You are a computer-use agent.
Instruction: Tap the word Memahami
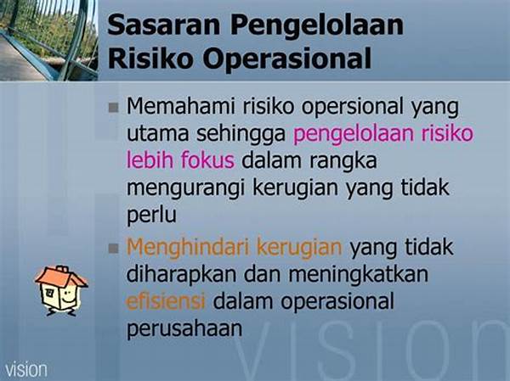point(180,106)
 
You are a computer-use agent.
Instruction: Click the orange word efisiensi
point(166,300)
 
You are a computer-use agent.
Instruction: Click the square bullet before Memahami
point(114,108)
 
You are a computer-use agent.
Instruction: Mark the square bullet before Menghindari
point(114,249)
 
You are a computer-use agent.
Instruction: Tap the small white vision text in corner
point(26,370)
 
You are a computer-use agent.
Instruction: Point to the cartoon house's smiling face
point(67,296)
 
